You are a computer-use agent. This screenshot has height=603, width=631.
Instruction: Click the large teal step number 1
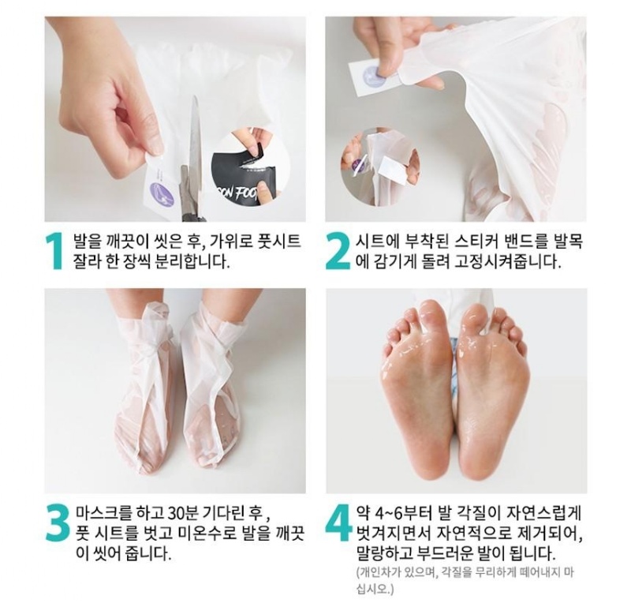(x=54, y=250)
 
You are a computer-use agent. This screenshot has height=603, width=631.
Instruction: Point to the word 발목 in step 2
(x=567, y=242)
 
